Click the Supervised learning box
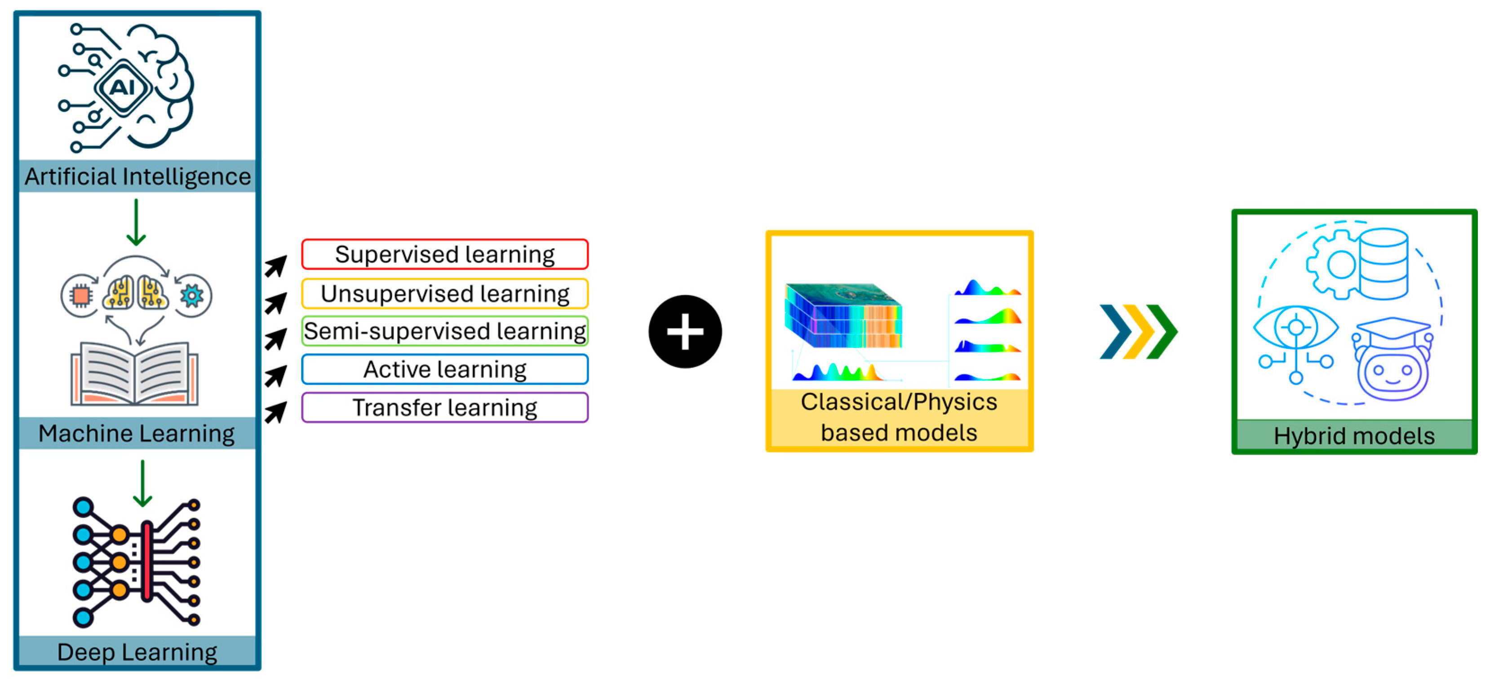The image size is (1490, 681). [x=445, y=255]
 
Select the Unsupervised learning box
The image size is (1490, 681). [x=445, y=294]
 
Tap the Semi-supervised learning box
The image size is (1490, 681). [x=445, y=331]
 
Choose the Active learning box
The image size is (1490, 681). [x=445, y=369]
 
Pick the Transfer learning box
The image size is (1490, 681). [x=445, y=408]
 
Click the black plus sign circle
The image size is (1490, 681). [x=685, y=332]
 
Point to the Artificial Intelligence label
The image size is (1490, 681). [x=137, y=176]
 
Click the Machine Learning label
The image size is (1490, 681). [x=137, y=434]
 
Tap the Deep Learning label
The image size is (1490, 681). [x=137, y=652]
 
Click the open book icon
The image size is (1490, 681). [x=135, y=373]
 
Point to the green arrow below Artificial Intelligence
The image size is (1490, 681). [x=136, y=223]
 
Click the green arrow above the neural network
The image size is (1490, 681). [x=142, y=484]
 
